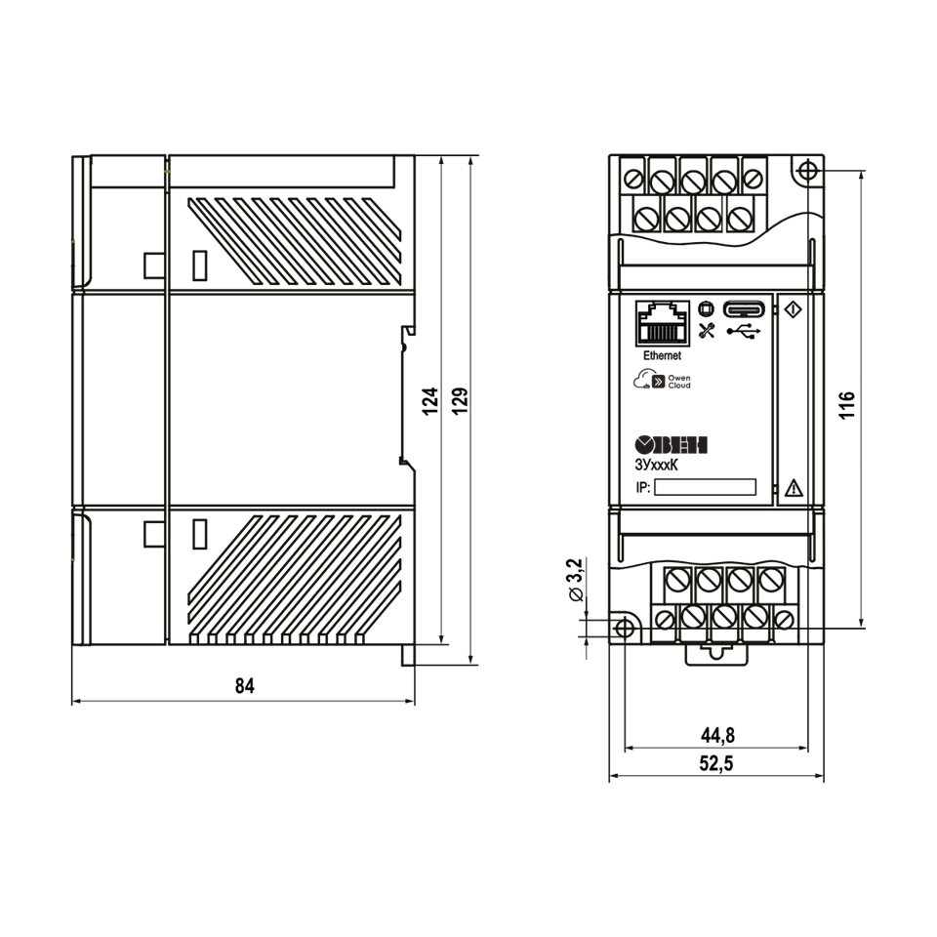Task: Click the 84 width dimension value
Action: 244,685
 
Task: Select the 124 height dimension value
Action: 430,401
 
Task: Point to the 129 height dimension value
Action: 460,401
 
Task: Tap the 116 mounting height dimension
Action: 847,406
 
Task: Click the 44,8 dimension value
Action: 717,735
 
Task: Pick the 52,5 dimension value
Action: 715,763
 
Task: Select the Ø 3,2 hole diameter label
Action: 574,580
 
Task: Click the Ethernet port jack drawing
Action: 663,323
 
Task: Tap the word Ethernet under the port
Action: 662,355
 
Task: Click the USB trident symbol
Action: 744,331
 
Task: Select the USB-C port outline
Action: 744,309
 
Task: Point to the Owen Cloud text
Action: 679,382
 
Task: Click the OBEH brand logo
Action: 671,445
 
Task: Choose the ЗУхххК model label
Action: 656,465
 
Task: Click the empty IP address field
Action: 705,487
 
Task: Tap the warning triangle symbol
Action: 794,488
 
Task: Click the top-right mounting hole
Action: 807,171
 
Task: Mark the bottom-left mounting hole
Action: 625,628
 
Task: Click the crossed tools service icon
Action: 707,331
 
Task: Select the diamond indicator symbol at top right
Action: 793,309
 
